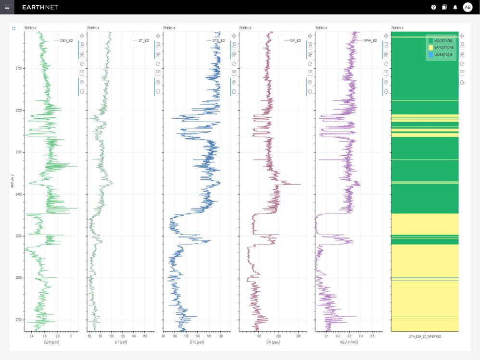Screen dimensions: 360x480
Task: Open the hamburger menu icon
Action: tap(7, 7)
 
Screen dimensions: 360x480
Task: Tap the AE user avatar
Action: tap(467, 7)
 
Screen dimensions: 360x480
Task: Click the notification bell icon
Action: tap(455, 7)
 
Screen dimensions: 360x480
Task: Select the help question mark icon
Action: tap(433, 7)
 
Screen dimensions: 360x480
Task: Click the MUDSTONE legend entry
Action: tap(443, 41)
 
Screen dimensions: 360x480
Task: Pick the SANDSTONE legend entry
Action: tap(443, 48)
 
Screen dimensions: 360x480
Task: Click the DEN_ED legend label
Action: tap(66, 41)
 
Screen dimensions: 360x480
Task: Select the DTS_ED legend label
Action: tap(219, 41)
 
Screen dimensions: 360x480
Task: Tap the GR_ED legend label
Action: tap(295, 41)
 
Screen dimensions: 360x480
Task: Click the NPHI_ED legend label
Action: tap(370, 41)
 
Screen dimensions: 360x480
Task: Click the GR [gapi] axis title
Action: tap(272, 342)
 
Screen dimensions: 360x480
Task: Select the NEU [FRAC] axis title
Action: tap(348, 342)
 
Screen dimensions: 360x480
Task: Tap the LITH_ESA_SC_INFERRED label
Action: tap(425, 336)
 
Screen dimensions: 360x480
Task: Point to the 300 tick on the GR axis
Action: tap(298, 336)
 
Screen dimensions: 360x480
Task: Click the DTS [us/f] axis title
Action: tap(197, 342)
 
